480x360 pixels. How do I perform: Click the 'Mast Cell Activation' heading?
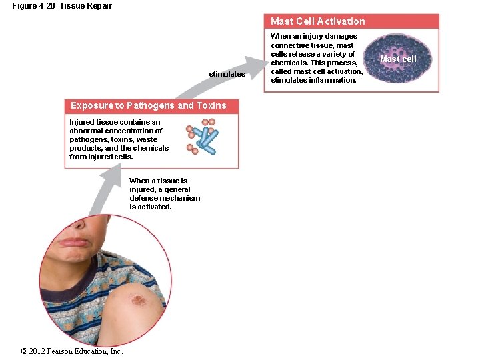[x=317, y=21]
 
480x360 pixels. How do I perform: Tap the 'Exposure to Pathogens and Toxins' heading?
[x=148, y=105]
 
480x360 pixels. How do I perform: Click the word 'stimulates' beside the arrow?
[x=227, y=74]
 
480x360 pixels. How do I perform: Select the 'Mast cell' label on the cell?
[x=397, y=59]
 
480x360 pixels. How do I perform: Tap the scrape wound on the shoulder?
[x=138, y=301]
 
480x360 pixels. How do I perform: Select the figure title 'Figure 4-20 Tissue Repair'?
[x=62, y=6]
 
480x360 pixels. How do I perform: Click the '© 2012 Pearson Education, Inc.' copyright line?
[x=72, y=351]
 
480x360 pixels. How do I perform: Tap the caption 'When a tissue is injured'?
[x=164, y=194]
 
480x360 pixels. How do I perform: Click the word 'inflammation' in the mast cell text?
[x=333, y=80]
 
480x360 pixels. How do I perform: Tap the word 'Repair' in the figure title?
[x=99, y=6]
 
